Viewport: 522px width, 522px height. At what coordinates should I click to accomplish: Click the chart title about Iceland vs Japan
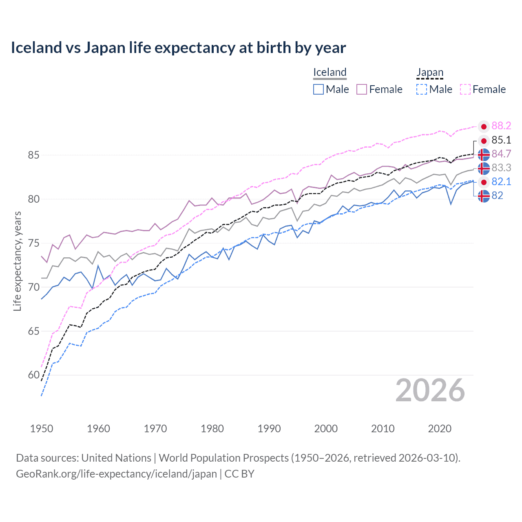(178, 48)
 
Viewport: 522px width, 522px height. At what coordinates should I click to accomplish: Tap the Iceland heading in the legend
(330, 72)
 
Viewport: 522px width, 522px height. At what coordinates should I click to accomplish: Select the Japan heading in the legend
(429, 72)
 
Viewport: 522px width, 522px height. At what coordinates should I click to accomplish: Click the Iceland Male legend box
(319, 89)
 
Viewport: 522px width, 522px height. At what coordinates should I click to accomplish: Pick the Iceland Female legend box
(362, 89)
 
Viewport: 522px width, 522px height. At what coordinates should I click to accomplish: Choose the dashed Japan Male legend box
(422, 89)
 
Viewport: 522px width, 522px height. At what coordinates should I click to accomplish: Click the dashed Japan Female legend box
(465, 89)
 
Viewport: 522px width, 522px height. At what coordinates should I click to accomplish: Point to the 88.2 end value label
(501, 126)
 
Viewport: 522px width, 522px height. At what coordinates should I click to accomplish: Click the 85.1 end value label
(501, 140)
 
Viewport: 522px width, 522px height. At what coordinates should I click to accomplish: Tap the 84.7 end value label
(501, 154)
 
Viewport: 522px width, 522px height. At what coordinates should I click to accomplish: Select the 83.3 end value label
(501, 168)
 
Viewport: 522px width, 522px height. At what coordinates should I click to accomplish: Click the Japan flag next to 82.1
(484, 182)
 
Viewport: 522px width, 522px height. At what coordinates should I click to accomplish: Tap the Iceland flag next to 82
(484, 196)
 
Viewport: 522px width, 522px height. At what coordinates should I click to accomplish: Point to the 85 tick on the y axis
(34, 155)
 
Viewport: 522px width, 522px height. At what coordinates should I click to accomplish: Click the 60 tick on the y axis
(34, 375)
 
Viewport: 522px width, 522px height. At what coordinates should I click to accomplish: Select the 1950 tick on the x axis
(42, 429)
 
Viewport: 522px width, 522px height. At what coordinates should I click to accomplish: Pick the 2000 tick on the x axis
(326, 429)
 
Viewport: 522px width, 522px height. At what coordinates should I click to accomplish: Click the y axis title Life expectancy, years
(18, 261)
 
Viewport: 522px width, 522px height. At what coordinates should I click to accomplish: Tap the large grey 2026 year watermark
(430, 390)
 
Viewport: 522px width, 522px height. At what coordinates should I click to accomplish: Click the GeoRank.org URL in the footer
(116, 474)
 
